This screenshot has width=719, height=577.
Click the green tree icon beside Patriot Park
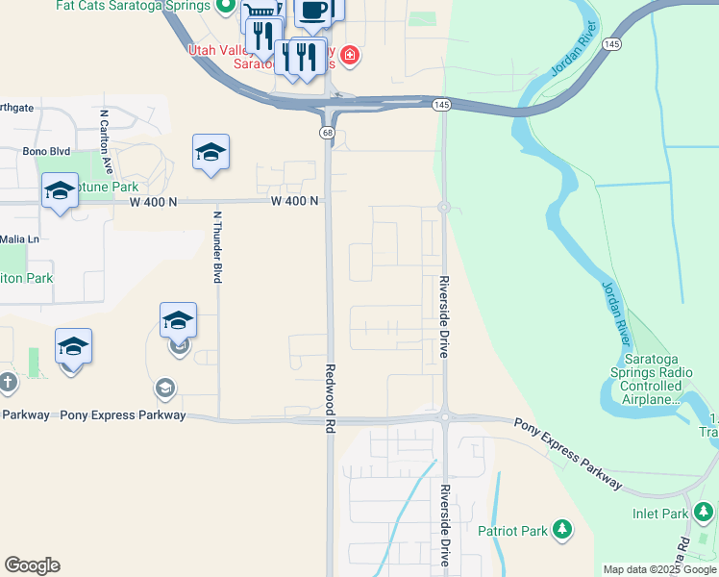[x=562, y=530]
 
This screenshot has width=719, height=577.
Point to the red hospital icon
[x=350, y=55]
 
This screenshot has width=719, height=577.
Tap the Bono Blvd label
[x=47, y=151]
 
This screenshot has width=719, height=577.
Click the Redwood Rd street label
[x=330, y=399]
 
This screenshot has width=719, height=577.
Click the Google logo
[x=32, y=565]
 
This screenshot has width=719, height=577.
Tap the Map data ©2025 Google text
[x=658, y=569]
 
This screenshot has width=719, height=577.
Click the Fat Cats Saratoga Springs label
[x=133, y=6]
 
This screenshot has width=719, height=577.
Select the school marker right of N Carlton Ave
[x=211, y=153]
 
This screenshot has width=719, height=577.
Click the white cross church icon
[x=8, y=383]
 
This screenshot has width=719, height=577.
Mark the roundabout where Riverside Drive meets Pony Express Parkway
[x=445, y=416]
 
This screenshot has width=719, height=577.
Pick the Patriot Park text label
[x=512, y=531]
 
